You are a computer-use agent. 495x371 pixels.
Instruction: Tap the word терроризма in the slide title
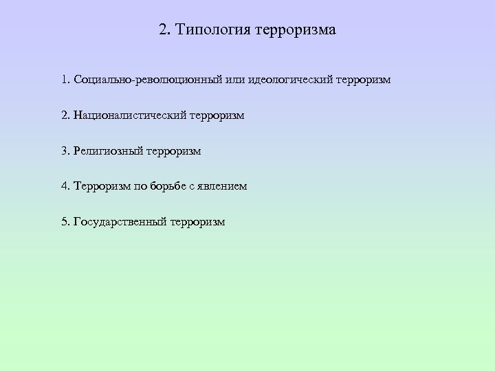click(296, 30)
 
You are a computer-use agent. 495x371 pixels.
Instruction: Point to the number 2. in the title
click(164, 30)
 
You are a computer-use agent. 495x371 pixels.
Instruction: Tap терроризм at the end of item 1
click(364, 80)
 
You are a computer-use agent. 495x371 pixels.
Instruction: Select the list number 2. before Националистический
click(65, 116)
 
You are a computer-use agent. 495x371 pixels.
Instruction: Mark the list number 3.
click(65, 151)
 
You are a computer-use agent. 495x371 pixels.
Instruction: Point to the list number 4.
click(65, 186)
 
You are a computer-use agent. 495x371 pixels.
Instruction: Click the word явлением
click(223, 186)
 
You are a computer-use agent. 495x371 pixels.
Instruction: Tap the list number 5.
click(65, 222)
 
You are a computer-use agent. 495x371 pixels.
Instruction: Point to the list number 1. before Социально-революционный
click(65, 80)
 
